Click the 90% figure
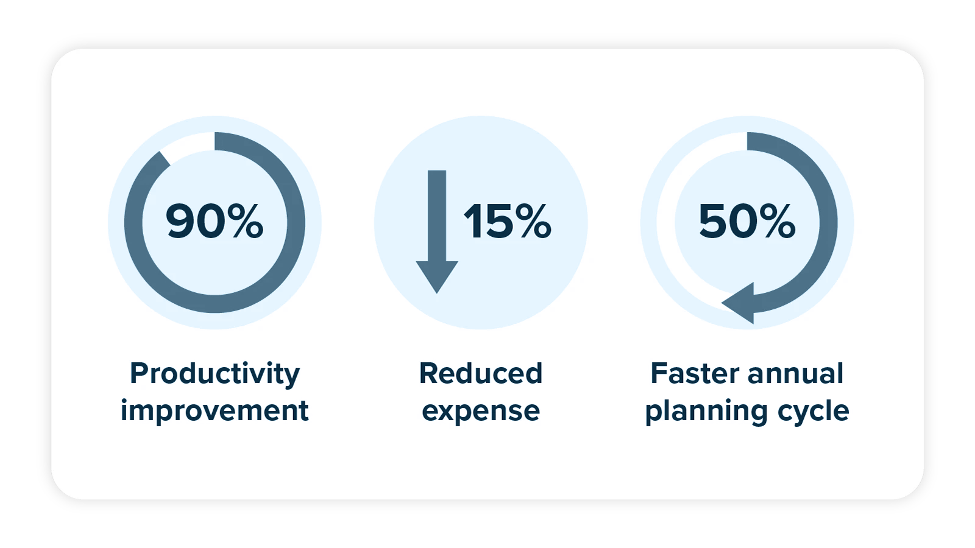tap(214, 221)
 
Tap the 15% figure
tap(507, 221)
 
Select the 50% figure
tap(747, 221)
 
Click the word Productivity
tap(214, 374)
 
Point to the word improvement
tap(214, 410)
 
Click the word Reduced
tap(480, 374)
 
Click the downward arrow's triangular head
tap(437, 275)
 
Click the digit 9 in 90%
tap(181, 221)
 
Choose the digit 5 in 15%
tap(498, 221)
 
